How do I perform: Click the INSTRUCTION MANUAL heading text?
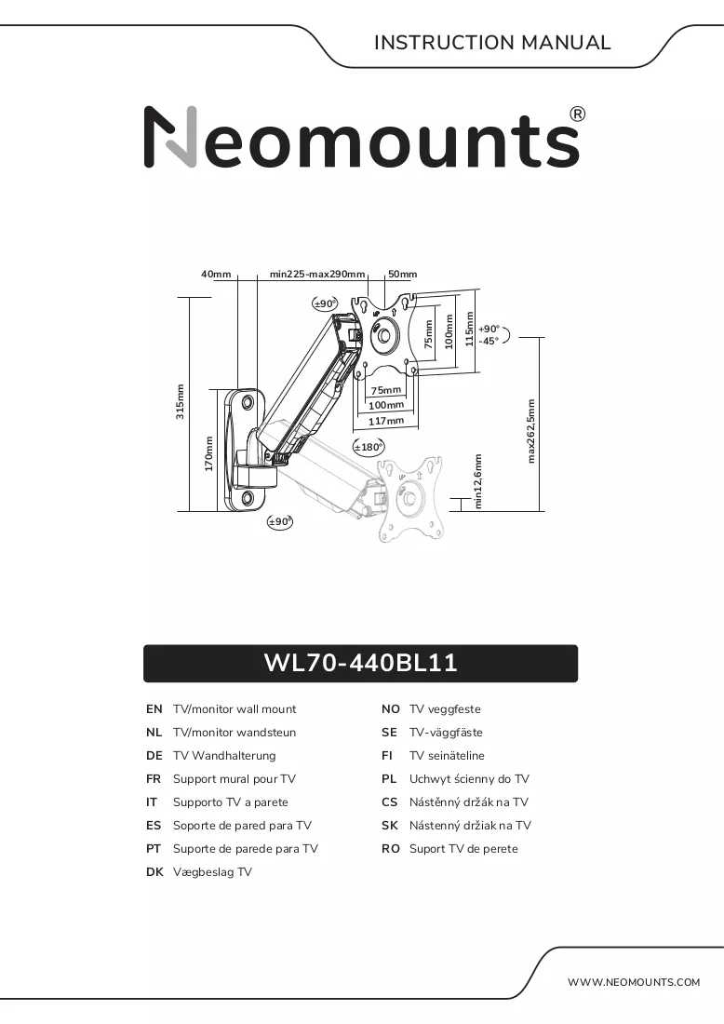pyautogui.click(x=492, y=43)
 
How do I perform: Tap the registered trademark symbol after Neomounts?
pyautogui.click(x=578, y=115)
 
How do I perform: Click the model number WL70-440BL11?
pyautogui.click(x=360, y=663)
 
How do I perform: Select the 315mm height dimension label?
pyautogui.click(x=181, y=401)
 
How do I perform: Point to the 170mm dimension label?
pyautogui.click(x=208, y=454)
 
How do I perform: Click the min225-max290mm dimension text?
pyautogui.click(x=317, y=275)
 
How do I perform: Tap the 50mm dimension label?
pyautogui.click(x=402, y=275)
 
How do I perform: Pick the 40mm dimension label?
pyautogui.click(x=216, y=275)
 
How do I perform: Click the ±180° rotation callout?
pyautogui.click(x=369, y=448)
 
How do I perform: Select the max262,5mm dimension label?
pyautogui.click(x=530, y=431)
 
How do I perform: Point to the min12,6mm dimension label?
pyautogui.click(x=478, y=481)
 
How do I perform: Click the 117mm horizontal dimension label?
pyautogui.click(x=386, y=421)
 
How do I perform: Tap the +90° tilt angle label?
pyautogui.click(x=489, y=330)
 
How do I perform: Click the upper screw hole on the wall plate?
pyautogui.click(x=248, y=401)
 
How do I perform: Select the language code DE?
pyautogui.click(x=154, y=756)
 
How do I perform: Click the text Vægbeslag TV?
pyautogui.click(x=212, y=872)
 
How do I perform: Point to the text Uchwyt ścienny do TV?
pyautogui.click(x=469, y=779)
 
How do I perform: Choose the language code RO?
pyautogui.click(x=391, y=849)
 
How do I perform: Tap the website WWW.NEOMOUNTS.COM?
pyautogui.click(x=633, y=981)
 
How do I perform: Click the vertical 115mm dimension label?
pyautogui.click(x=469, y=329)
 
